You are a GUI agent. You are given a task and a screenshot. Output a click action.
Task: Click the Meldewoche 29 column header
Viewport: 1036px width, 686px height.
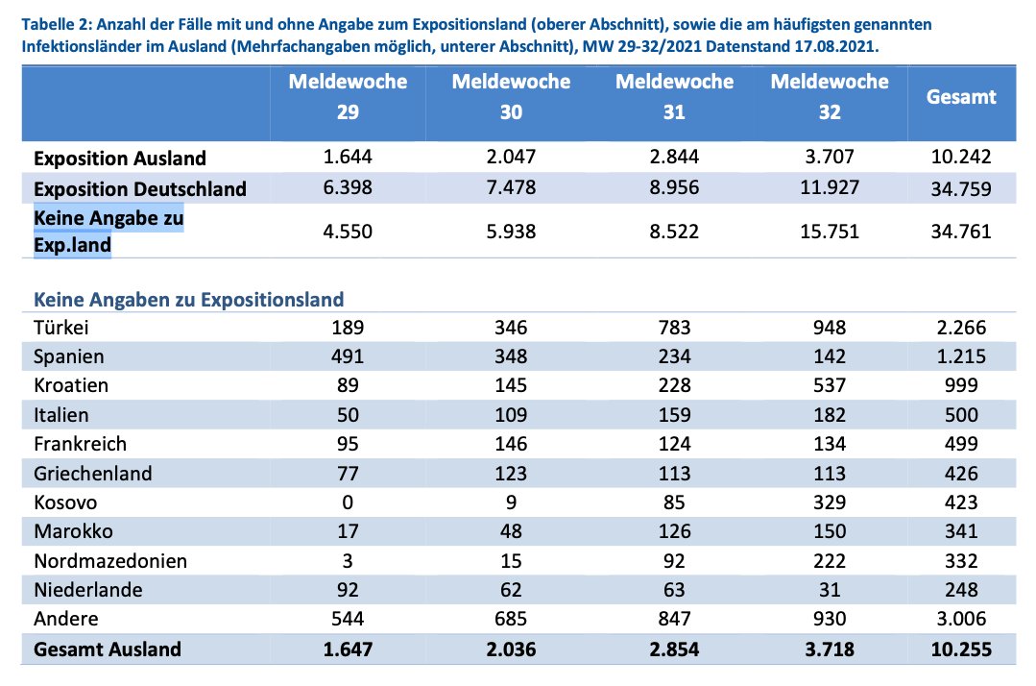pyautogui.click(x=348, y=97)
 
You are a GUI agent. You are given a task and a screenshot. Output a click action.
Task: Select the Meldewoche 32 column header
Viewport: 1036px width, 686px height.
pyautogui.click(x=830, y=97)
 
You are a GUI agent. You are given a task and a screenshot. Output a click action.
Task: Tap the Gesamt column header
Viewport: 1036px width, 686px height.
pyautogui.click(x=960, y=96)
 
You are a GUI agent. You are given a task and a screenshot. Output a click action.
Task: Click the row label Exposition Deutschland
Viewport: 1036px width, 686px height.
pyautogui.click(x=140, y=189)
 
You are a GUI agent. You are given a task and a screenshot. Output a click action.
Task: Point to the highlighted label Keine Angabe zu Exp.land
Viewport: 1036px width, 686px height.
pyautogui.click(x=108, y=232)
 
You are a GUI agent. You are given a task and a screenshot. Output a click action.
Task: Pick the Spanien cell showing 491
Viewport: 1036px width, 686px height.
pyautogui.click(x=348, y=356)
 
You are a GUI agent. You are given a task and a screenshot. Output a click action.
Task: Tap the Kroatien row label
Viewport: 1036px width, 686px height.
pyautogui.click(x=70, y=386)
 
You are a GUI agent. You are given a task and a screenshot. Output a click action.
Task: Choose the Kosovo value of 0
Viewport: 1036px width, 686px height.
pyautogui.click(x=348, y=502)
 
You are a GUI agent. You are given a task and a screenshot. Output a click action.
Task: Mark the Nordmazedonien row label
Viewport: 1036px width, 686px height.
pyautogui.click(x=109, y=561)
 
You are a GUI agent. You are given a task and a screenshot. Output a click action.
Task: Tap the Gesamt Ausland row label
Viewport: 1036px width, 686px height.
pyautogui.click(x=107, y=649)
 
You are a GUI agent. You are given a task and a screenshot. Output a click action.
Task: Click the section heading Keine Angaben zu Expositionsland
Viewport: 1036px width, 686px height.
pyautogui.click(x=188, y=300)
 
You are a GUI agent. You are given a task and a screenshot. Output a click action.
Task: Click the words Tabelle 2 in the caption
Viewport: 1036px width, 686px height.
pyautogui.click(x=59, y=22)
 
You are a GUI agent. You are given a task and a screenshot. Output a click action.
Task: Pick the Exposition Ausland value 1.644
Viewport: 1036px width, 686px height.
pyautogui.click(x=348, y=158)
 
